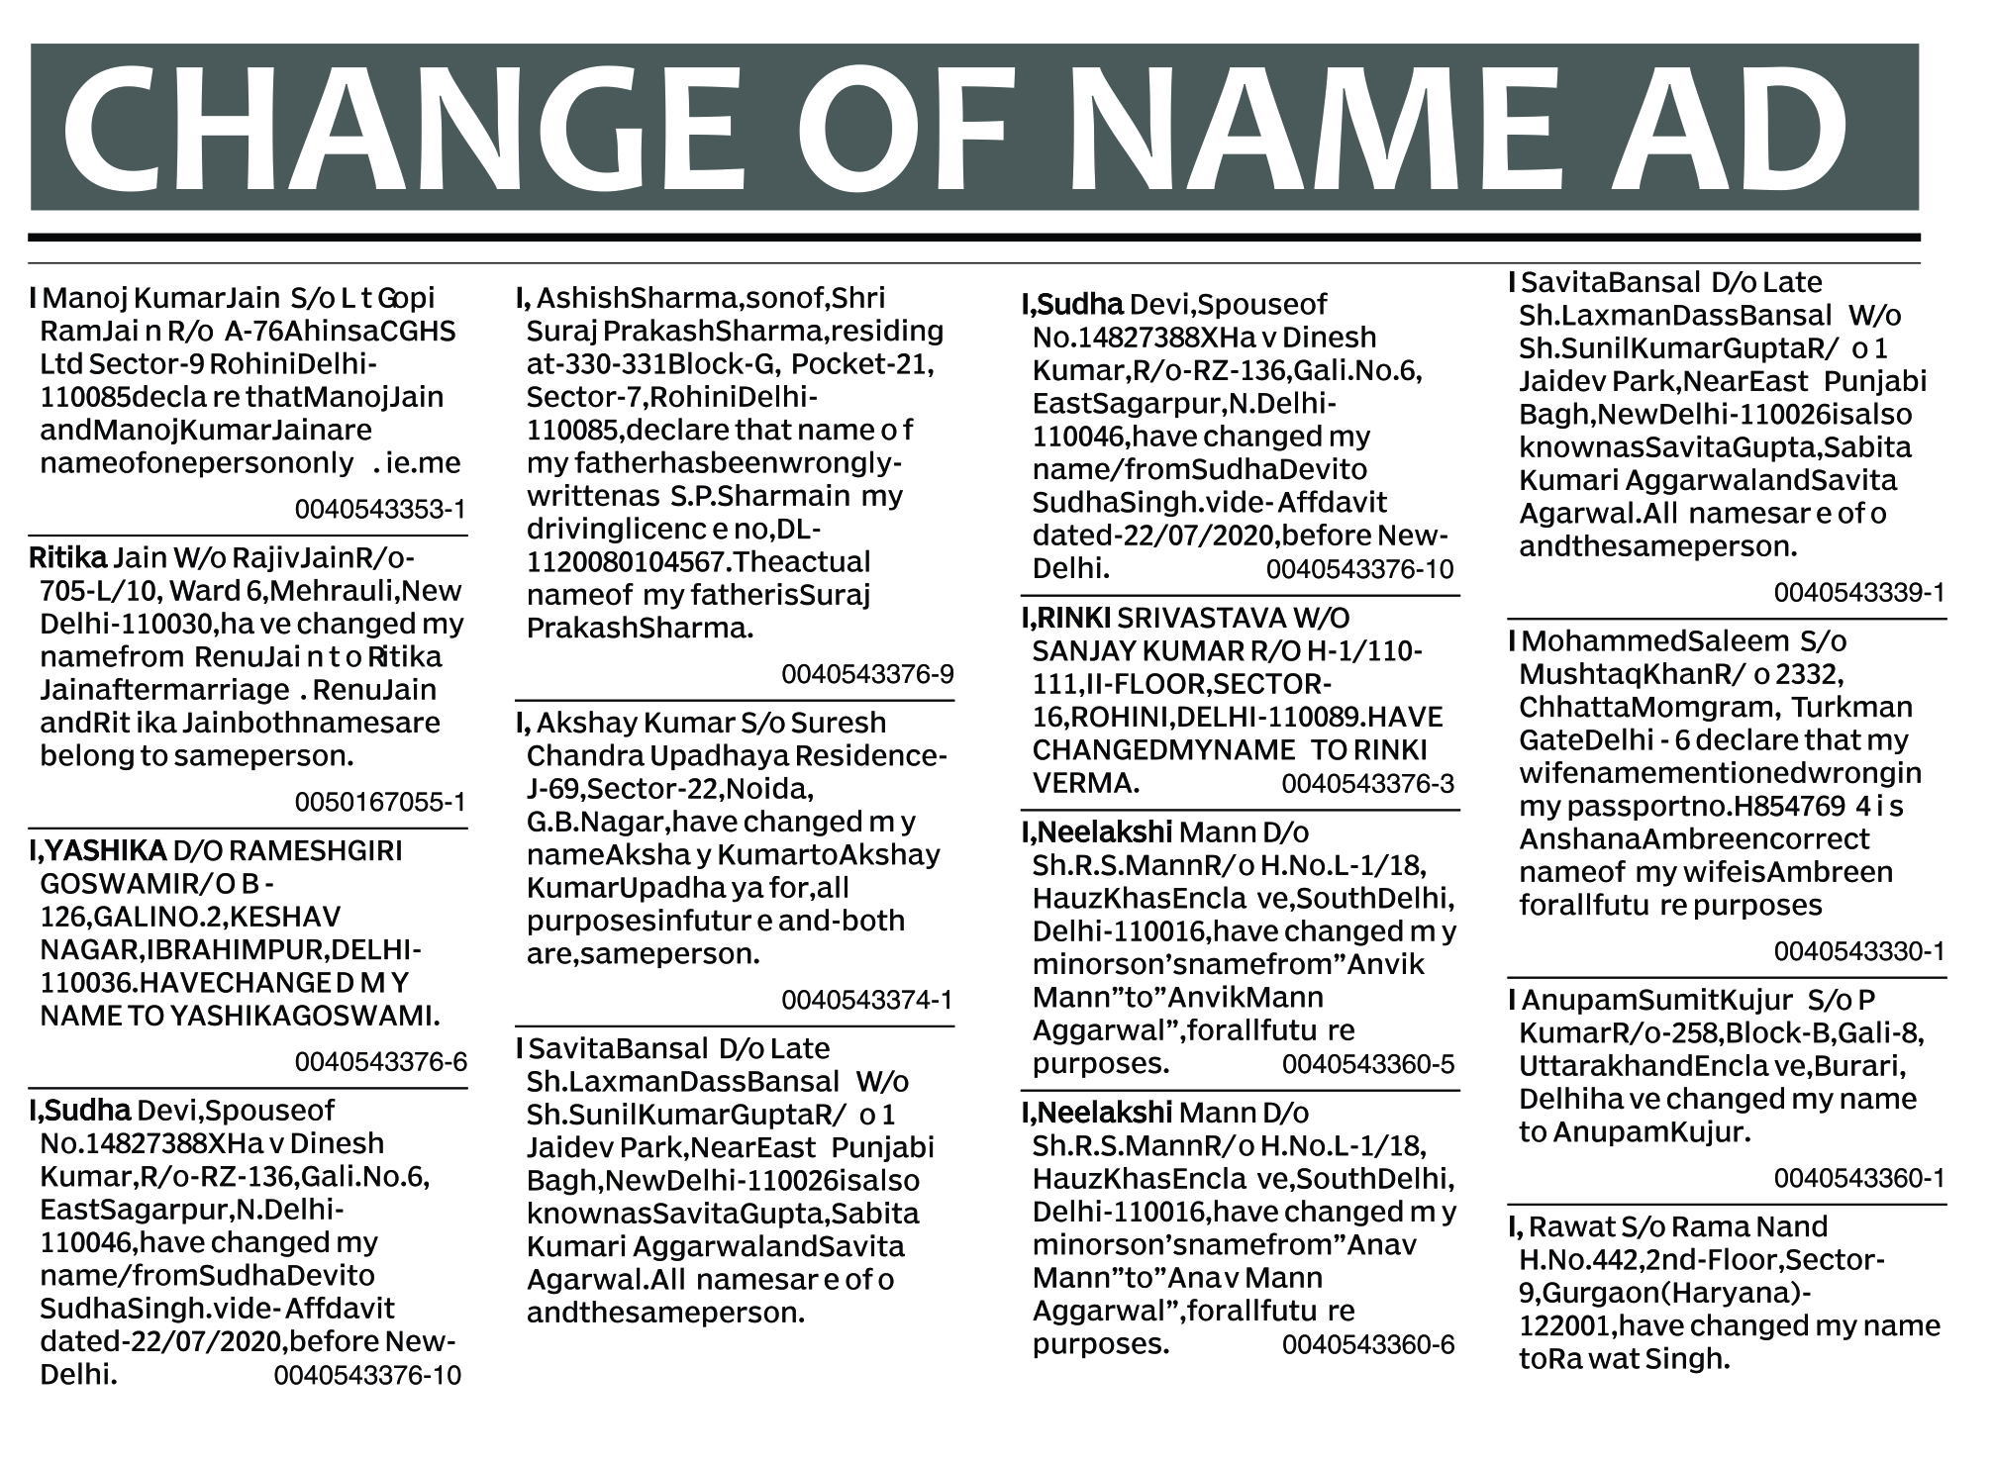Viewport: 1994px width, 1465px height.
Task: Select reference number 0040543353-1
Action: [x=380, y=510]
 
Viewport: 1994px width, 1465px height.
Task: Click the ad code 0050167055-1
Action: [x=380, y=802]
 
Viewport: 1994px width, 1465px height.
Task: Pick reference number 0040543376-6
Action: [x=380, y=1062]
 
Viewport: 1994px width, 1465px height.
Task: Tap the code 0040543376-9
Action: [x=867, y=674]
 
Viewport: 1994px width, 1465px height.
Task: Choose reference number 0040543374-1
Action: [x=867, y=1000]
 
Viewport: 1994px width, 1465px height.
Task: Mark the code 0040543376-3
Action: [x=1368, y=784]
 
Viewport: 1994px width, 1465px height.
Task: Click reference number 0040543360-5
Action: [x=1368, y=1064]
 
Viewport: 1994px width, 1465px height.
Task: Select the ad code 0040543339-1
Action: [x=1859, y=592]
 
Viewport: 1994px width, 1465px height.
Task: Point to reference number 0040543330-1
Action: [x=1859, y=951]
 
